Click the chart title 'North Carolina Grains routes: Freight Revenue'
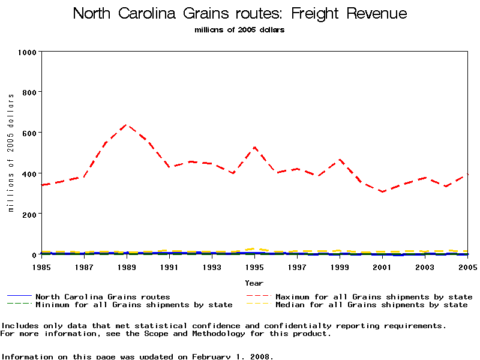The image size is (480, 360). coord(239,14)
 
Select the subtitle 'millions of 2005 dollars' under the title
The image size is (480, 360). coord(239,30)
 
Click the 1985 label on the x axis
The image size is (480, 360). coord(41,266)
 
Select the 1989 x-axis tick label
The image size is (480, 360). coord(127,266)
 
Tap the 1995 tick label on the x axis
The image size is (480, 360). coord(254,266)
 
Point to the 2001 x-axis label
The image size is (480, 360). coord(382,266)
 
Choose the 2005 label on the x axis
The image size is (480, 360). coord(466,266)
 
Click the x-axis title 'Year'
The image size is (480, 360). coord(254,283)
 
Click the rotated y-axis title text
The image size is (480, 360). coord(11,153)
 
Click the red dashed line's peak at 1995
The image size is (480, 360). coord(255,147)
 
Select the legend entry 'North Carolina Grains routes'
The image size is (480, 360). coord(103,297)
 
